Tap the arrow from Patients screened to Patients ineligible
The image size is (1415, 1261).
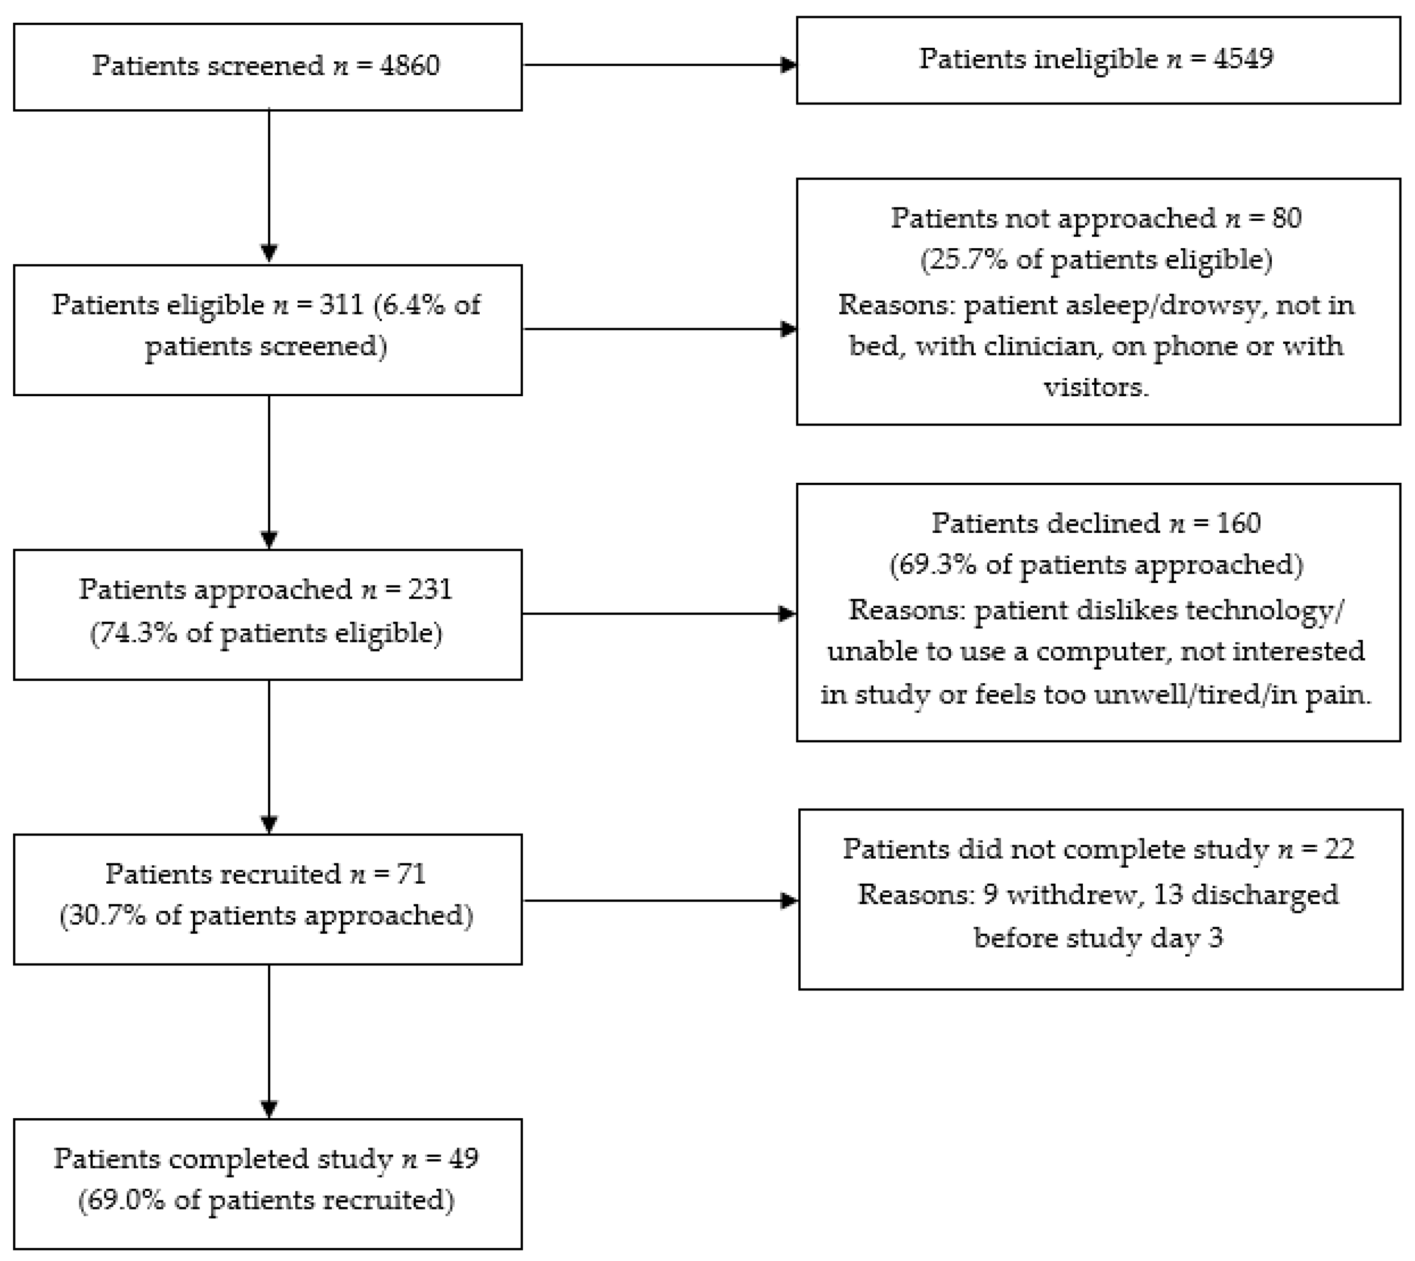tap(658, 65)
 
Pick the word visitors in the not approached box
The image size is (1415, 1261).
tap(1096, 387)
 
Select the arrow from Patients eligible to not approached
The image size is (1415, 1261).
tap(658, 329)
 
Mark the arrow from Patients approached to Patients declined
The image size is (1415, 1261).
tap(658, 613)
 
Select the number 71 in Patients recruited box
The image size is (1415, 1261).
tap(410, 874)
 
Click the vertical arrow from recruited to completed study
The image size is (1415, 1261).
tap(269, 1039)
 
